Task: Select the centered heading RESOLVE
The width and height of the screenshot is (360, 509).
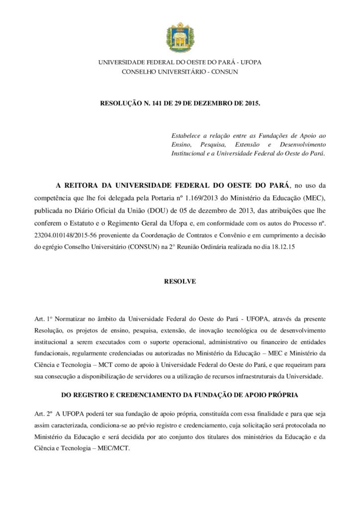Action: point(180,281)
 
